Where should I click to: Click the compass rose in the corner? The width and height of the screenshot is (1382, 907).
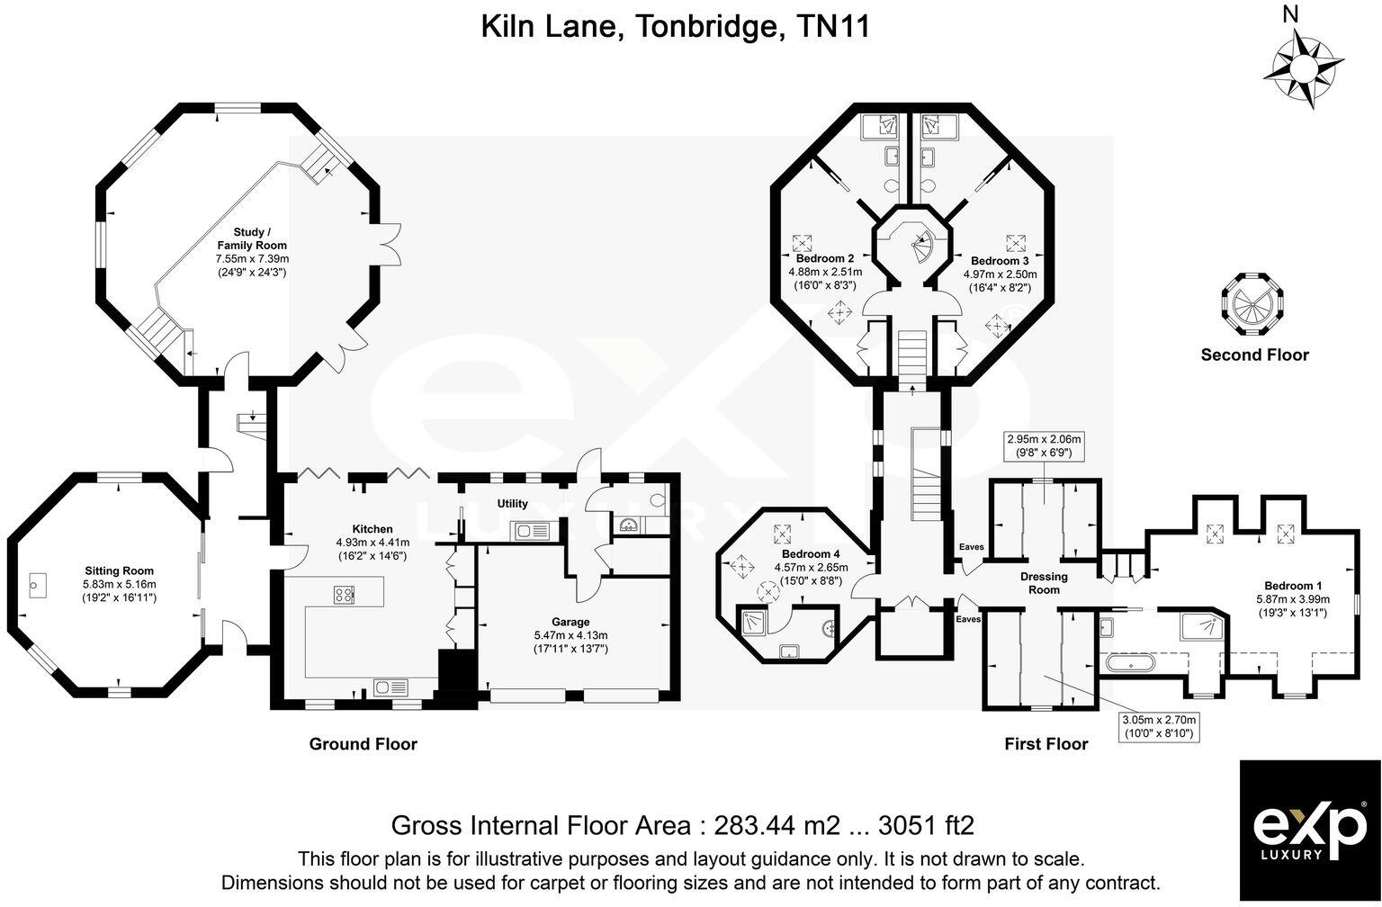point(1303,68)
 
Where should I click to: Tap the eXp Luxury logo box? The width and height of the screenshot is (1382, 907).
point(1309,831)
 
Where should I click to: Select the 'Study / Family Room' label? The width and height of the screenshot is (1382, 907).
point(252,238)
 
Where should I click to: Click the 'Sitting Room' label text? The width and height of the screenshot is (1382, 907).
point(119,570)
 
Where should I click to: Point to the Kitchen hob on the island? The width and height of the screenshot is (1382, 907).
point(345,594)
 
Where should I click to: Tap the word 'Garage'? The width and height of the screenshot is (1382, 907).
point(570,622)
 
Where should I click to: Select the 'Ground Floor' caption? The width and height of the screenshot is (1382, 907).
point(363,744)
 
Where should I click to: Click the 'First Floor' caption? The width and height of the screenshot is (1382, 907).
point(1045,744)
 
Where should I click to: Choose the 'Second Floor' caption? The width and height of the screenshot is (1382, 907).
point(1254,355)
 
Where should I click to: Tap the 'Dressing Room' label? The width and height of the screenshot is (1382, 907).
point(1044,583)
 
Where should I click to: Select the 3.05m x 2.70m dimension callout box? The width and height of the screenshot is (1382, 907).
point(1156,727)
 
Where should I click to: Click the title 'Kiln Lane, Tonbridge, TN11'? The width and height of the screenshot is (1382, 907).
point(675,27)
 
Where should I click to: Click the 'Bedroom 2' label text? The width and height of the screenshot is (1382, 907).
point(825,258)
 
